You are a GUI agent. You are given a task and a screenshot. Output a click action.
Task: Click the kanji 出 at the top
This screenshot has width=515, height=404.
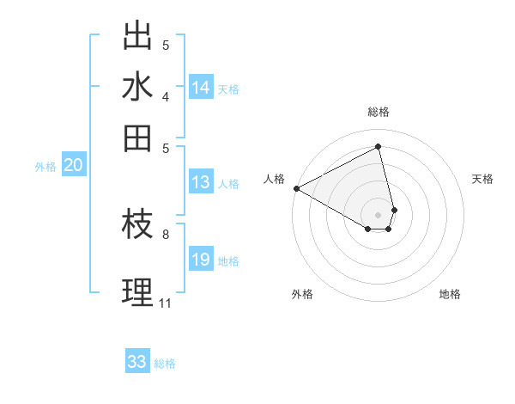137,36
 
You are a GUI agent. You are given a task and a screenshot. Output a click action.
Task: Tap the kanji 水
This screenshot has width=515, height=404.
137,87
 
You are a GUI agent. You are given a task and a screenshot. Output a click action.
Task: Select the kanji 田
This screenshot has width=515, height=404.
137,137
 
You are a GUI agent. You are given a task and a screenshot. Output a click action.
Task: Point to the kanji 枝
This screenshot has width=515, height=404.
137,225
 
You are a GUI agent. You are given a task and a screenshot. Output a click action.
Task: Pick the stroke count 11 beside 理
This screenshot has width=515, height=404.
165,303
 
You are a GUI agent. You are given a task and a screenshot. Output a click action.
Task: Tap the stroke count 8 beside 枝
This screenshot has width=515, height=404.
166,233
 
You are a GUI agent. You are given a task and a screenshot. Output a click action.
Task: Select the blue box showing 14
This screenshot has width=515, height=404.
201,87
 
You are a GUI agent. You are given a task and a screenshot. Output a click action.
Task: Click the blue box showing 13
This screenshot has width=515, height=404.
201,181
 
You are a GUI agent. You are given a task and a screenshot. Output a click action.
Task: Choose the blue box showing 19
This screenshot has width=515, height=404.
201,260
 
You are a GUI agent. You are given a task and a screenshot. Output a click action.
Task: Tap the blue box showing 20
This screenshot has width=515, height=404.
73,166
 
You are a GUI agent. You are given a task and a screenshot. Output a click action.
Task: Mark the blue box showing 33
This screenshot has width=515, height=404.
137,362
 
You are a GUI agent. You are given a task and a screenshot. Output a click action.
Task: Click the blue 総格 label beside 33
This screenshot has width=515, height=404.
165,364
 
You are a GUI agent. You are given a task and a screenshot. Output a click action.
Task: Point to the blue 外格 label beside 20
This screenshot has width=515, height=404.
45,167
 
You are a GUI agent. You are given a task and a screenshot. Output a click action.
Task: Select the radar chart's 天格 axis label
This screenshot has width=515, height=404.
482,179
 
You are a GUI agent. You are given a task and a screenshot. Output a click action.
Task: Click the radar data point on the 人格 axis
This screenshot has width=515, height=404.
296,187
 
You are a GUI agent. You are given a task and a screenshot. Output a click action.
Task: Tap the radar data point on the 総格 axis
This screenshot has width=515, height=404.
378,146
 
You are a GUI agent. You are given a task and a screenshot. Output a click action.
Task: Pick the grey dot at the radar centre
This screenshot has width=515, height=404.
378,214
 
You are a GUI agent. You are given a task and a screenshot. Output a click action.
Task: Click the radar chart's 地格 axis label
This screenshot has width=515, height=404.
450,294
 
